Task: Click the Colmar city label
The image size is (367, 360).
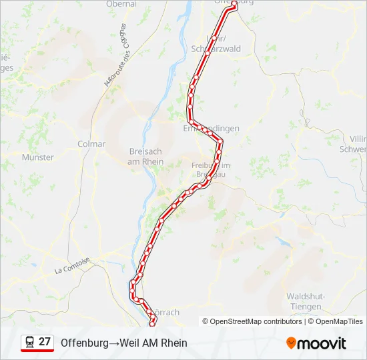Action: pos(91,144)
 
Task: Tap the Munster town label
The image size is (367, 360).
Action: pos(37,157)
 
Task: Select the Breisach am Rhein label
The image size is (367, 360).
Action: pos(145,156)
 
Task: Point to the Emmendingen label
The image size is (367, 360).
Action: pos(211,128)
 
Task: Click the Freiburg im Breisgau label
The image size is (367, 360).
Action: pos(210,169)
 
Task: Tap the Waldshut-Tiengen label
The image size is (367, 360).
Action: pos(306,301)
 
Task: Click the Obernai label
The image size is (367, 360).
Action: pos(121,4)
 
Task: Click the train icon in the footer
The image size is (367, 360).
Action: pos(29,341)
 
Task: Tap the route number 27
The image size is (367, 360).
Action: pos(45,341)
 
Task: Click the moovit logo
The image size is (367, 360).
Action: pos(316,343)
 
